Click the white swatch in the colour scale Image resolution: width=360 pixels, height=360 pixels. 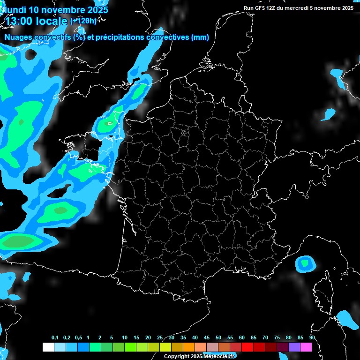pos(48,347)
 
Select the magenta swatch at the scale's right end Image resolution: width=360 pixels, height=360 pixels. pos(306,347)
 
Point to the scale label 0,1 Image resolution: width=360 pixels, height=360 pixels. pos(55,338)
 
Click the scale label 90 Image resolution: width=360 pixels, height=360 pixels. pos(312,338)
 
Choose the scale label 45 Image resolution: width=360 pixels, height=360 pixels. pos(207,338)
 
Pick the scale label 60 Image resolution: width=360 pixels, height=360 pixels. pos(242,338)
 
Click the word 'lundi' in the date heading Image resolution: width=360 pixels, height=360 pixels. pos(15,10)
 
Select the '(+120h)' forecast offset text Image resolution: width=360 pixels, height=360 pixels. pos(83,21)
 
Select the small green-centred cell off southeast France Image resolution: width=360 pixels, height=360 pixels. pos(305,263)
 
